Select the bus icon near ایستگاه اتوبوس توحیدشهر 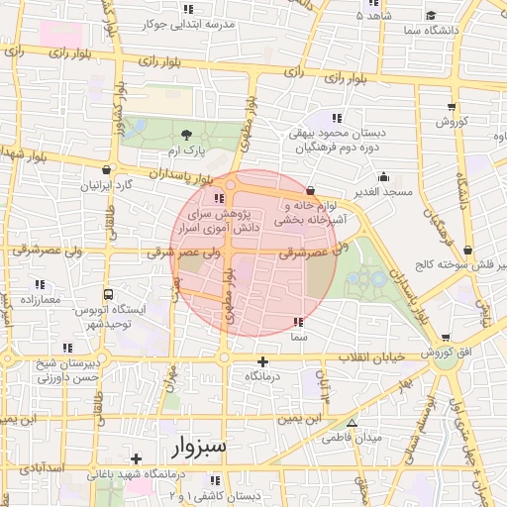point(107,294)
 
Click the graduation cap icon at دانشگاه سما point(432,15)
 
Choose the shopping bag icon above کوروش point(453,106)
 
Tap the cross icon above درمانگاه point(262,362)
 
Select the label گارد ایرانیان point(111,185)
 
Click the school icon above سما point(298,322)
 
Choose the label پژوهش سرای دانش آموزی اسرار point(217,220)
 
